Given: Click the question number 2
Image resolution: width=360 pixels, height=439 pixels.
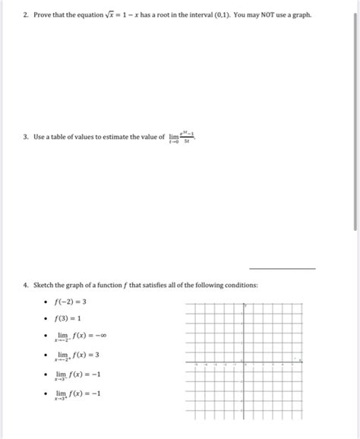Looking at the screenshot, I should (25, 15).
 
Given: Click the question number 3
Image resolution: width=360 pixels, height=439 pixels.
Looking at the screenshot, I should (25, 137).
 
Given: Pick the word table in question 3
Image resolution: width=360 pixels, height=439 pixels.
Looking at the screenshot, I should (70, 137).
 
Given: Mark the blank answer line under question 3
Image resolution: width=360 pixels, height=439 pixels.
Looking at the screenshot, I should (283, 267).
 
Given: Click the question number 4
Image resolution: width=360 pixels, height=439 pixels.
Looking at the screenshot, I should (25, 285).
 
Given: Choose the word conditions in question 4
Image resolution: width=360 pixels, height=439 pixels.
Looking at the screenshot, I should (238, 285).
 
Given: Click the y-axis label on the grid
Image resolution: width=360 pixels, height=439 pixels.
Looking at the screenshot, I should (245, 306).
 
